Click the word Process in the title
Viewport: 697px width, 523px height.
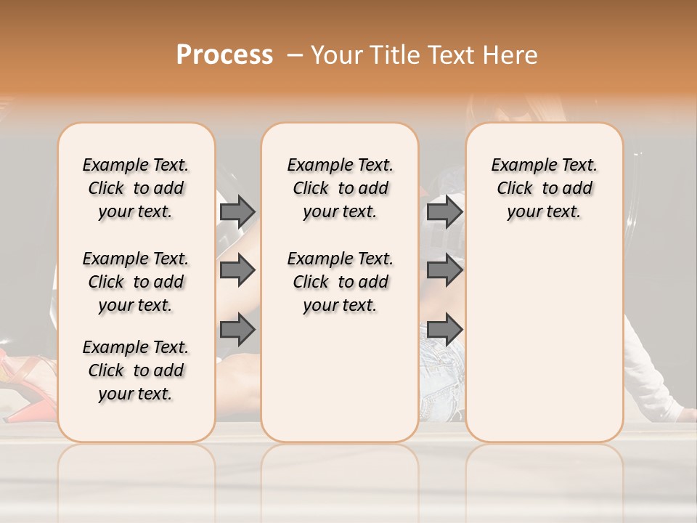(224, 55)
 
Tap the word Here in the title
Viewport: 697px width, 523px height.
(512, 55)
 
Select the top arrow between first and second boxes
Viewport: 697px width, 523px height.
(237, 211)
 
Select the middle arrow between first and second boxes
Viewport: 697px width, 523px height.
(237, 270)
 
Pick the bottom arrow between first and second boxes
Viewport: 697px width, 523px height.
(237, 329)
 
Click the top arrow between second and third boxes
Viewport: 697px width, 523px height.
(444, 211)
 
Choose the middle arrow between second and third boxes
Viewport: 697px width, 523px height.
(444, 270)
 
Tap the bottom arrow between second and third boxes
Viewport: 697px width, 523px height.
(444, 329)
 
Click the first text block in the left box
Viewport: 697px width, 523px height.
(136, 188)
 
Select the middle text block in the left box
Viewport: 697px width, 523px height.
(136, 282)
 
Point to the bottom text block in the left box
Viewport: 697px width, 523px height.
(136, 370)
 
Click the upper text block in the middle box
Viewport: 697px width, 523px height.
(341, 188)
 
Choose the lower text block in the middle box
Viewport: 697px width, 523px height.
(341, 282)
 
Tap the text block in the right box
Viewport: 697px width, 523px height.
(545, 188)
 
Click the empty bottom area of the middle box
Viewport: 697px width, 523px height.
(341, 385)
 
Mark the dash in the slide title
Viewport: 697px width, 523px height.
(294, 55)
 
